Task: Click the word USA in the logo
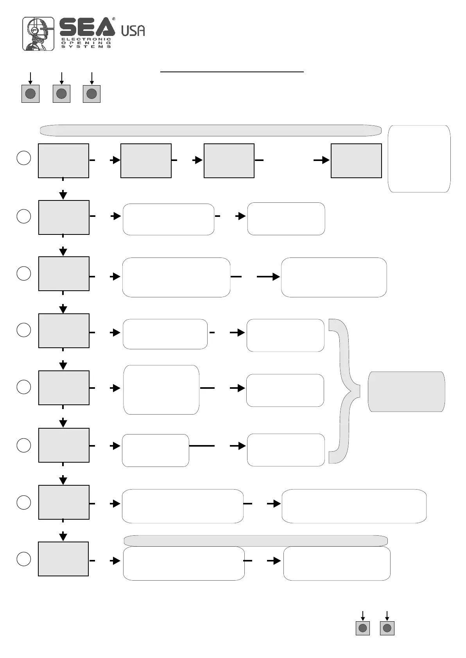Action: (x=133, y=30)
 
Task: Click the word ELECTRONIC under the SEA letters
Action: (x=86, y=39)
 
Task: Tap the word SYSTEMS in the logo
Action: (x=86, y=46)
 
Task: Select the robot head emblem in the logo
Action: (x=38, y=34)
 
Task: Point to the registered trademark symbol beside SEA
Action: (x=114, y=19)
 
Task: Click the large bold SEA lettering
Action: (x=87, y=27)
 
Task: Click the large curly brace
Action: (x=344, y=391)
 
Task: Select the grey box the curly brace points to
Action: (x=406, y=392)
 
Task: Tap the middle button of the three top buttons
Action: (x=61, y=94)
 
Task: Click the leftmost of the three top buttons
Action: (x=30, y=94)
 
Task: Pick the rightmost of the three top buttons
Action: (x=91, y=94)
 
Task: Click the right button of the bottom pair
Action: (x=387, y=628)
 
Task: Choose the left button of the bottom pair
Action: (x=363, y=628)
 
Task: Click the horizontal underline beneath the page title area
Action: (x=232, y=72)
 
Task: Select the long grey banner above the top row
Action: (x=211, y=131)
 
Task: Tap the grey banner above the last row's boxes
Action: (x=256, y=541)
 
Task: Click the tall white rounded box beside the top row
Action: (x=419, y=159)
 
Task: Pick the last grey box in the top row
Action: (x=356, y=161)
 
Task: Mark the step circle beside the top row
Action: (x=24, y=158)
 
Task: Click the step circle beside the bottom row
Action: (x=24, y=559)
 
